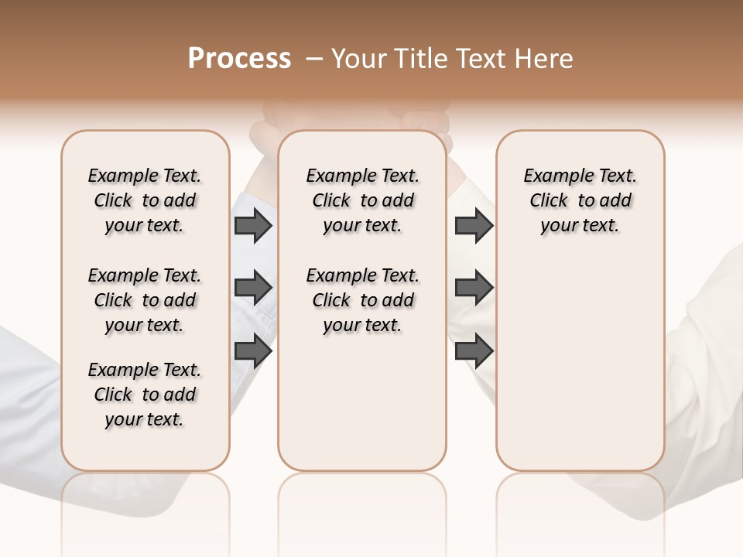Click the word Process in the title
tap(239, 59)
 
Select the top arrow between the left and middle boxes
tap(253, 225)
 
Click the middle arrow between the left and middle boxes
tap(253, 288)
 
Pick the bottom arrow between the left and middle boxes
tap(253, 350)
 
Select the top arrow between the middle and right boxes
tap(474, 225)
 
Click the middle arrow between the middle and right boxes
tap(474, 288)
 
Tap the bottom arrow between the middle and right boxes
tap(474, 350)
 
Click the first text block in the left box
tap(145, 200)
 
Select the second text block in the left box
tap(145, 300)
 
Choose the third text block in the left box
tap(145, 395)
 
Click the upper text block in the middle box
tap(362, 200)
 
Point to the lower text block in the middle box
tap(362, 300)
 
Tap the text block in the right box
tap(580, 200)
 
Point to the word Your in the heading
tap(360, 59)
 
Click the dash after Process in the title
tap(313, 59)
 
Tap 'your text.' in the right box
tap(580, 226)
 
